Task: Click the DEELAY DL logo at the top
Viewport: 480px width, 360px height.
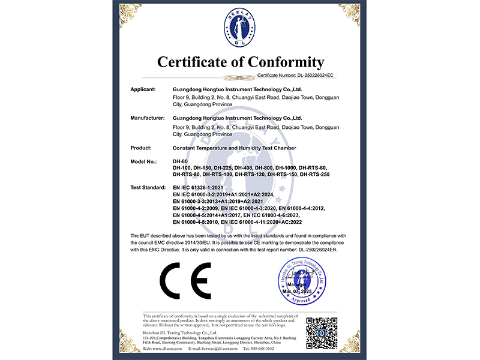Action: pos(240,27)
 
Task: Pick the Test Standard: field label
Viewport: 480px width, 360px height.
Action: pos(148,188)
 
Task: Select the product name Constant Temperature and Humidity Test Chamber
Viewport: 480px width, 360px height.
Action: pos(234,148)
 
